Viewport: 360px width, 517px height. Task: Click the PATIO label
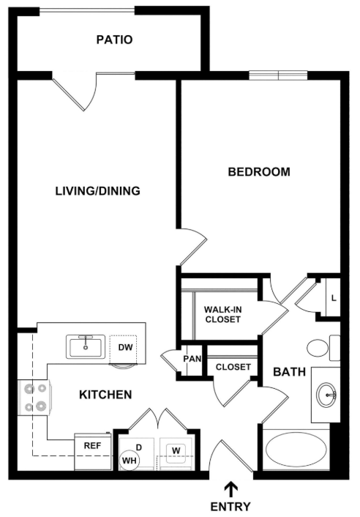114,40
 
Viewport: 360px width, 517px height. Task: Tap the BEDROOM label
259,172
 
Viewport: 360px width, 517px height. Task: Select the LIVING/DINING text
97,191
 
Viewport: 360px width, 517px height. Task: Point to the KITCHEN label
105,395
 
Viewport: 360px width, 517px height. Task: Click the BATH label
290,372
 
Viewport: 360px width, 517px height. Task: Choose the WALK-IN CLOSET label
222,314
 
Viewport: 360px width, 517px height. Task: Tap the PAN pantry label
192,358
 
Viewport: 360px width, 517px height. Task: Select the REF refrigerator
93,452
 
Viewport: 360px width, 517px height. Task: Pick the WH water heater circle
130,461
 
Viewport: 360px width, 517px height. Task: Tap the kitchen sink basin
86,347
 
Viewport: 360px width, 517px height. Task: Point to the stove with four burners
34,398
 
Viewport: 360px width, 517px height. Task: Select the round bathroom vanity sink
326,395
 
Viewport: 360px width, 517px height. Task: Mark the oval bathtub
296,450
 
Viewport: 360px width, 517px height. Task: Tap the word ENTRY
230,506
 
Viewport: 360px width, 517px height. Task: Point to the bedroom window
278,75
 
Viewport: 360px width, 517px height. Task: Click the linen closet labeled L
333,298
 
